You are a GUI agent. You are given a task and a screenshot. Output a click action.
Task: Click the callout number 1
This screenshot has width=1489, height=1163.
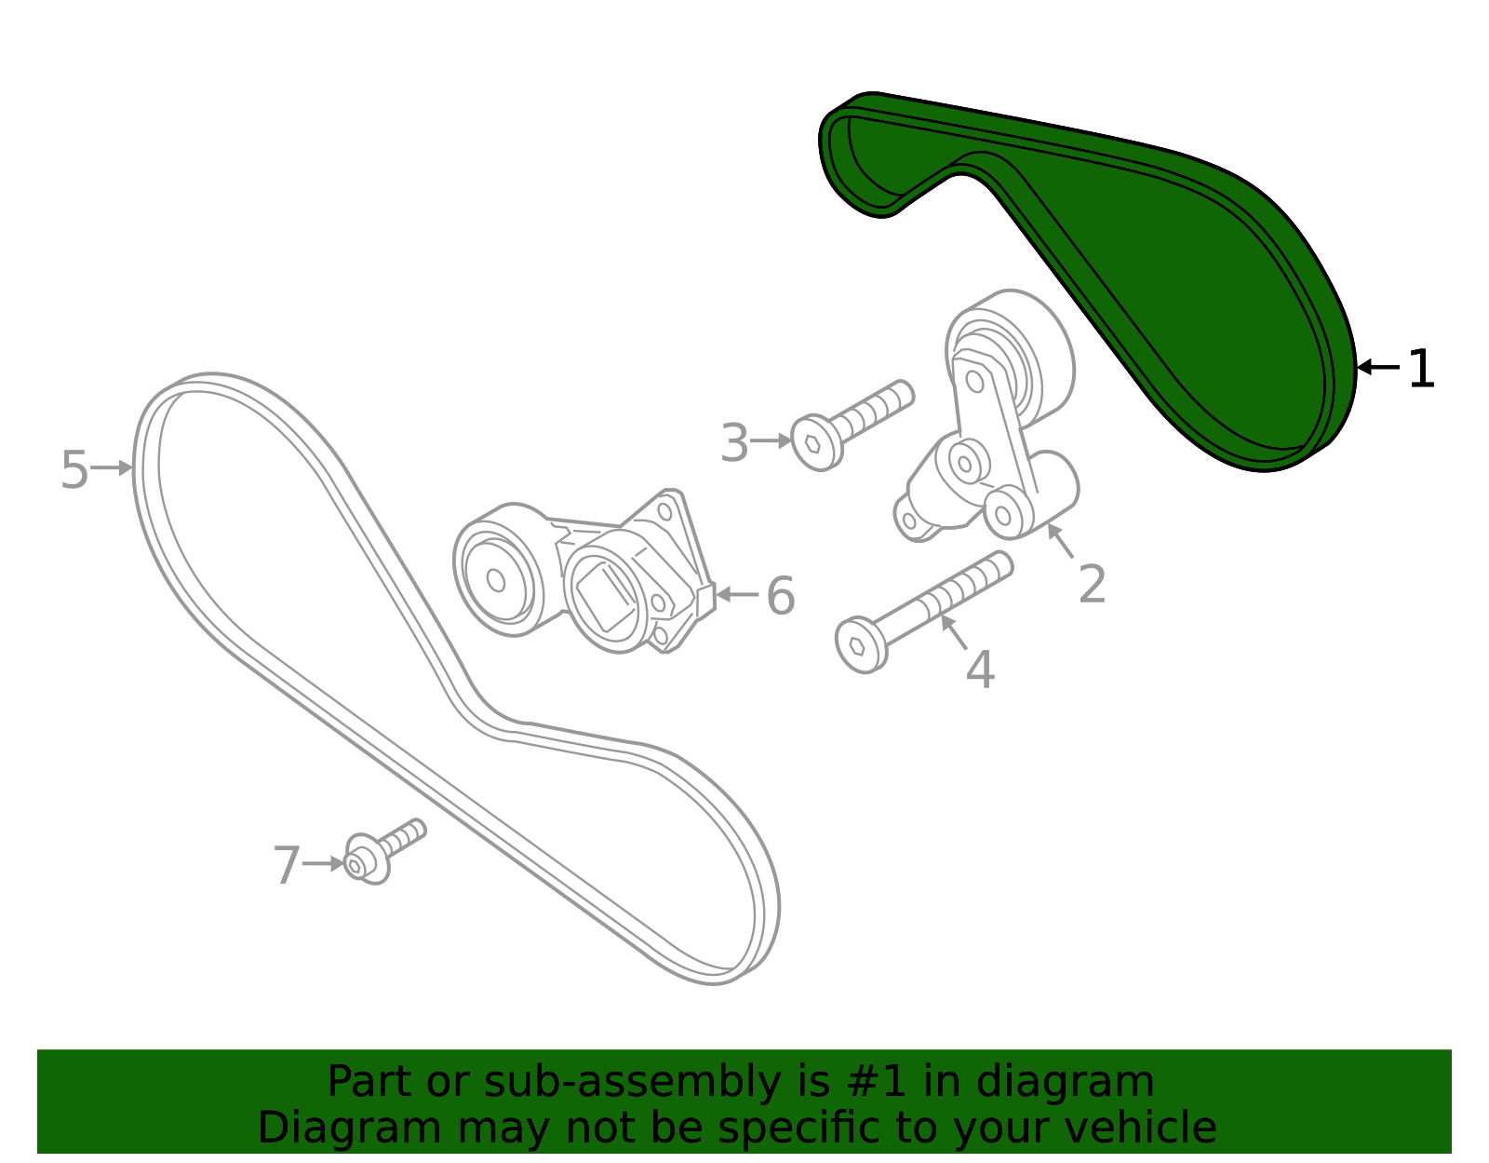(x=1421, y=368)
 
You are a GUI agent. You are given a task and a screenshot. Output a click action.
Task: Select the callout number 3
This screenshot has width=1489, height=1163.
(x=735, y=442)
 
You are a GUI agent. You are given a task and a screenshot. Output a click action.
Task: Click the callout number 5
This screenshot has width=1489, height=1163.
(x=74, y=469)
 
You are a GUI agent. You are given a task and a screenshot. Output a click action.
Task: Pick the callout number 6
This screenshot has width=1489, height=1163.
(x=781, y=595)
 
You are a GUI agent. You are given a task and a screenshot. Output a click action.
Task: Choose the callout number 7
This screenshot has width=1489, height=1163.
(x=287, y=865)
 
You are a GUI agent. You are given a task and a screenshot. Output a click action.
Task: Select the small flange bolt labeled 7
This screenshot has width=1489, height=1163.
(x=383, y=851)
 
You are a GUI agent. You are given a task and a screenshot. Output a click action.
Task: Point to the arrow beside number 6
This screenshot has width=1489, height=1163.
(x=737, y=594)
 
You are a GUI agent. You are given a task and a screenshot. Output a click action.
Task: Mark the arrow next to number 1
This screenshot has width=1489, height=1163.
(x=1378, y=367)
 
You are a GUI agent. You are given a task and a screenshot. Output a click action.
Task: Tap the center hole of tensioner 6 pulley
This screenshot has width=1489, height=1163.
(x=496, y=580)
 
